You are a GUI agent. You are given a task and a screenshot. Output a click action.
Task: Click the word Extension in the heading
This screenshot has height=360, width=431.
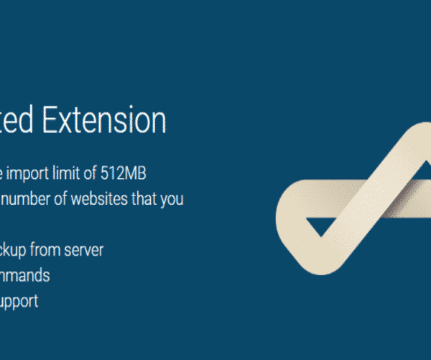click(104, 120)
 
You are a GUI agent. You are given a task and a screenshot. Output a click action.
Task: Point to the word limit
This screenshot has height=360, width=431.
click(70, 173)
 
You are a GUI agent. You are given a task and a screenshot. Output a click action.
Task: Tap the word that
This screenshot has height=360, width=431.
click(144, 199)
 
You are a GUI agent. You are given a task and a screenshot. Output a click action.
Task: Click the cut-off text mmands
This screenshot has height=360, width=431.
click(24, 275)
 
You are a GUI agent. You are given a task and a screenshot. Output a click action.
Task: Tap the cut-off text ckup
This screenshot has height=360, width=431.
click(14, 250)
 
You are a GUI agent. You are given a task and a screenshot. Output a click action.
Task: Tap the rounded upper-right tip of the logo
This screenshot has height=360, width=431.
click(412, 137)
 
